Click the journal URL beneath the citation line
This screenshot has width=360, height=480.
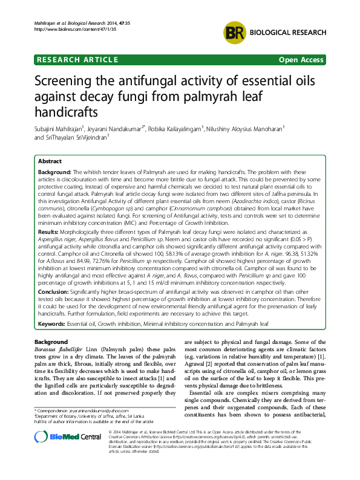point(59,29)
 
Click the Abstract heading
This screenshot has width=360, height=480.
point(50,161)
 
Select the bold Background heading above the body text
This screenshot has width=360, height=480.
point(47,342)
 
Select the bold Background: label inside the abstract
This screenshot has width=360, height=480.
point(54,172)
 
